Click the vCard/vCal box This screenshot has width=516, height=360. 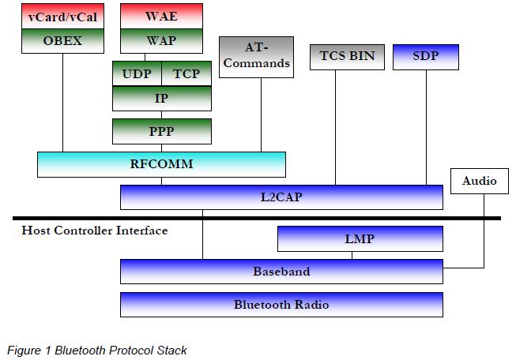pyautogui.click(x=62, y=16)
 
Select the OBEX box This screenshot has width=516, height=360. pyautogui.click(x=62, y=40)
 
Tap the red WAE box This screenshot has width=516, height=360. pyautogui.click(x=161, y=16)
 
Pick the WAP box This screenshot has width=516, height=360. pyautogui.click(x=161, y=40)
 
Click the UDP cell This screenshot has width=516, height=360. pyautogui.click(x=137, y=73)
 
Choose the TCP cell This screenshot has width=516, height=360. pyautogui.click(x=186, y=73)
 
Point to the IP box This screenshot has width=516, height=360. pyautogui.click(x=161, y=98)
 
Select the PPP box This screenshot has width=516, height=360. pyautogui.click(x=161, y=131)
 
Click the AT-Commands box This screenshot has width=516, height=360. pyautogui.click(x=255, y=57)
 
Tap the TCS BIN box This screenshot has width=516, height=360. pyautogui.click(x=348, y=57)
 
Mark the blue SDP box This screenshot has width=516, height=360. pyautogui.click(x=425, y=57)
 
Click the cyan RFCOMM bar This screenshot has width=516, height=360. pyautogui.click(x=161, y=164)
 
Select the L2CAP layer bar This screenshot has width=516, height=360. pyautogui.click(x=281, y=197)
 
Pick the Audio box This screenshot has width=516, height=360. pyautogui.click(x=479, y=181)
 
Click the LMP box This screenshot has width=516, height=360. pyautogui.click(x=360, y=238)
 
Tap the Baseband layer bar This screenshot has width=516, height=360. pyautogui.click(x=281, y=271)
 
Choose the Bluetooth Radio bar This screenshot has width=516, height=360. pyautogui.click(x=281, y=304)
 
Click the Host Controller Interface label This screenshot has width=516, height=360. pyautogui.click(x=95, y=231)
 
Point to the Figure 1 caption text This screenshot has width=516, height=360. pyautogui.click(x=97, y=350)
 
